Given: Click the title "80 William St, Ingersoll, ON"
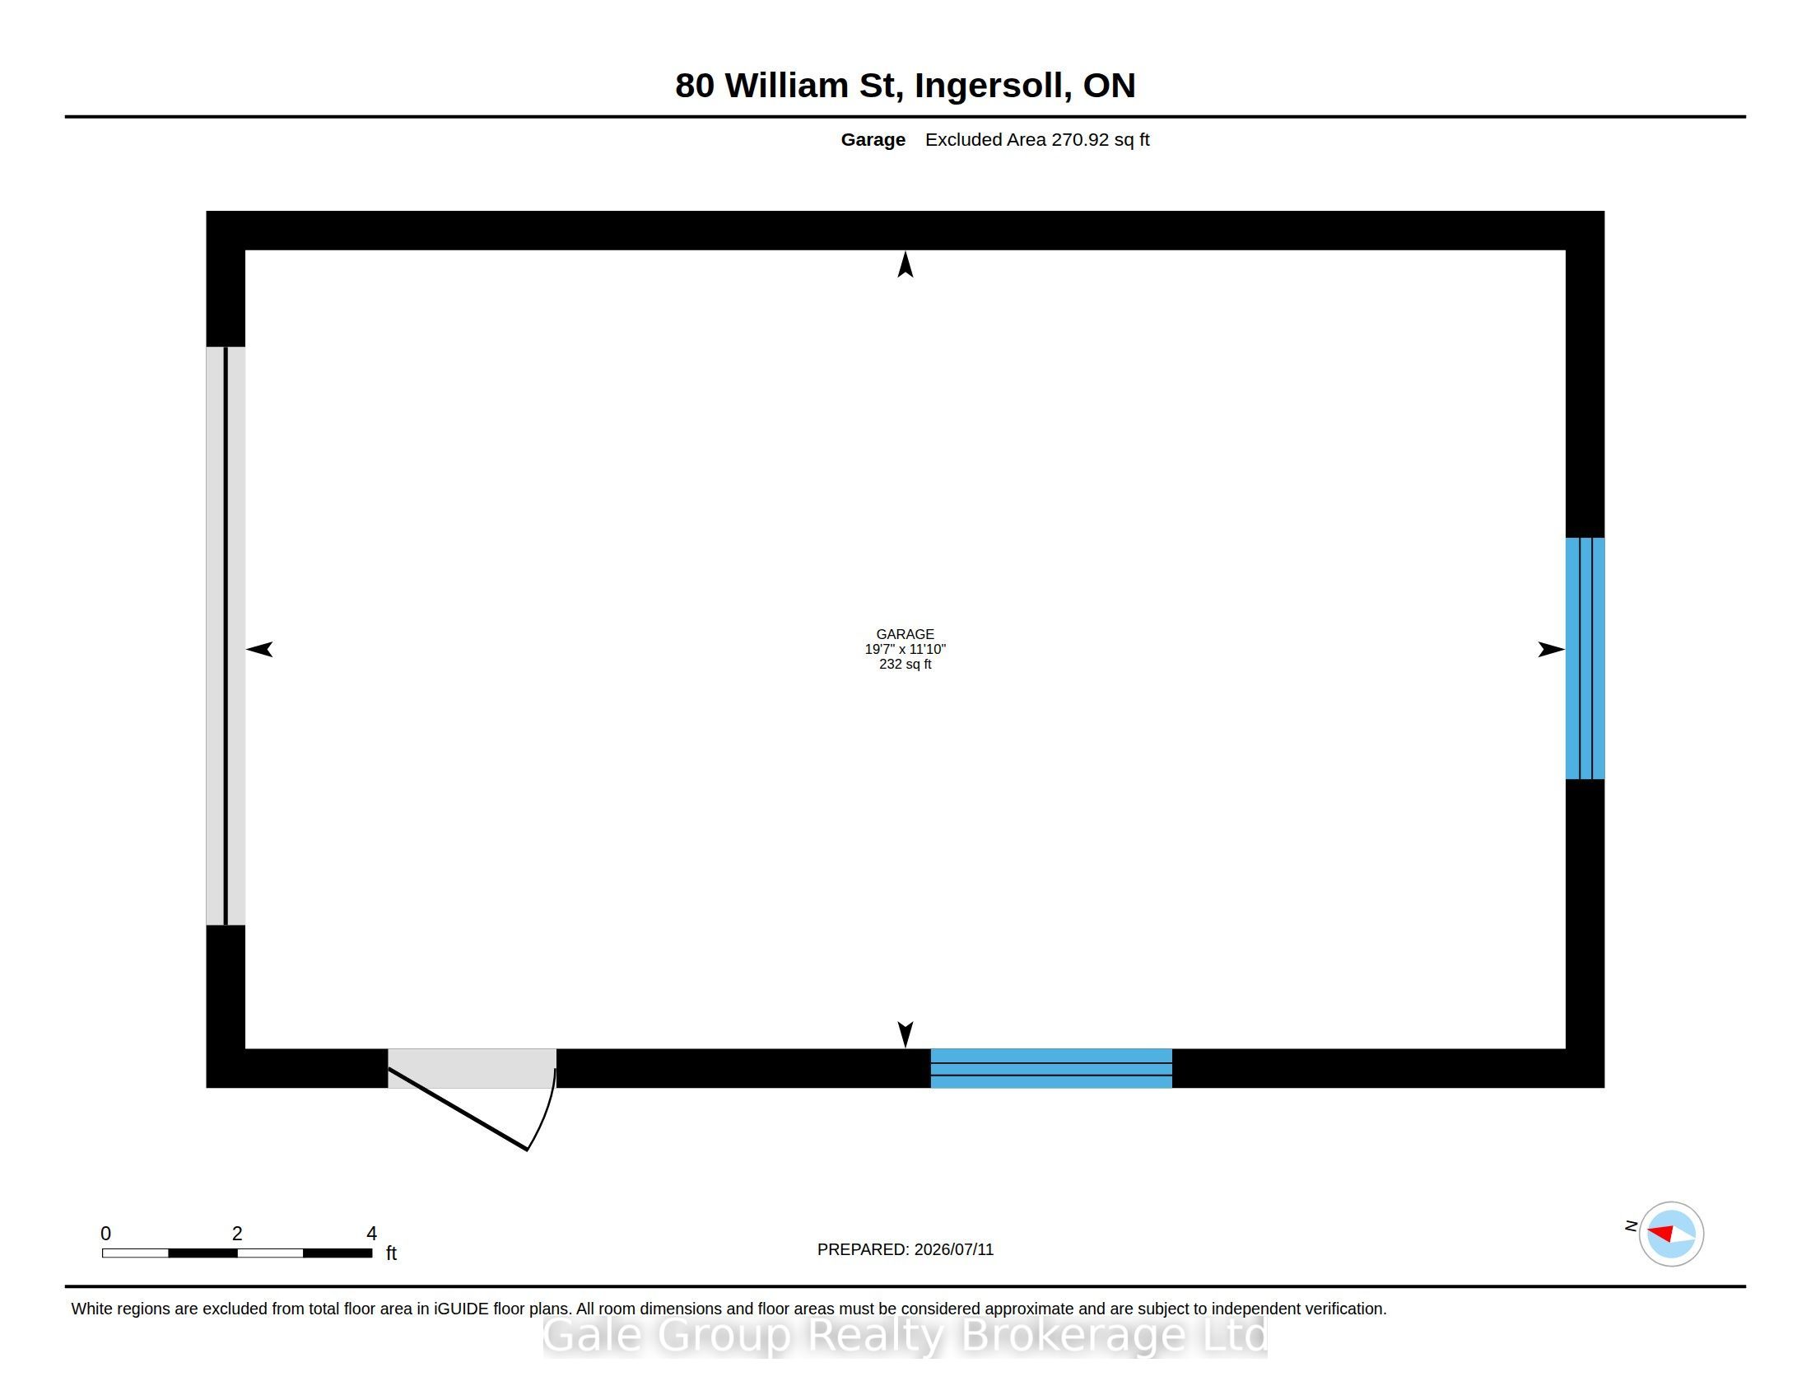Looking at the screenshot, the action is (905, 86).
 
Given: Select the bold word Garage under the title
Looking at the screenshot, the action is (873, 140).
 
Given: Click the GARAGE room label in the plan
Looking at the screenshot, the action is (905, 633).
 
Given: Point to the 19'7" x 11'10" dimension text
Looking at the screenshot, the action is (905, 649).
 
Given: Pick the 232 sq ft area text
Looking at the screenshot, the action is (905, 664).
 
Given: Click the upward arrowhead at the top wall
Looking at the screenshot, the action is (906, 264).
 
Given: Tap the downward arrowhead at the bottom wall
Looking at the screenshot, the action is (906, 1034).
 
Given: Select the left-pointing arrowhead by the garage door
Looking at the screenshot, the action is (259, 650).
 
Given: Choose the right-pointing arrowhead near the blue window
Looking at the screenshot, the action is (1552, 650).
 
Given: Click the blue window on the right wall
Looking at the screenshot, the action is (1585, 659).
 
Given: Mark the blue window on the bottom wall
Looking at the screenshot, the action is (1051, 1068).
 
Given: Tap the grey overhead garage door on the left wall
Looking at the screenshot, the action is (226, 635).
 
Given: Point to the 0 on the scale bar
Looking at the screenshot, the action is (106, 1234).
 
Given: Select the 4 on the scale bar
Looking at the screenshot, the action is (371, 1234).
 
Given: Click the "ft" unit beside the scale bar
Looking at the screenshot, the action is (391, 1253).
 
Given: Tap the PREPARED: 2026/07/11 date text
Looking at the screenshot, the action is (906, 1249).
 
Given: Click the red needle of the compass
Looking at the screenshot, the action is (1660, 1234).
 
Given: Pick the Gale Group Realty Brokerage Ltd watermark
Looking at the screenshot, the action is (906, 1335).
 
